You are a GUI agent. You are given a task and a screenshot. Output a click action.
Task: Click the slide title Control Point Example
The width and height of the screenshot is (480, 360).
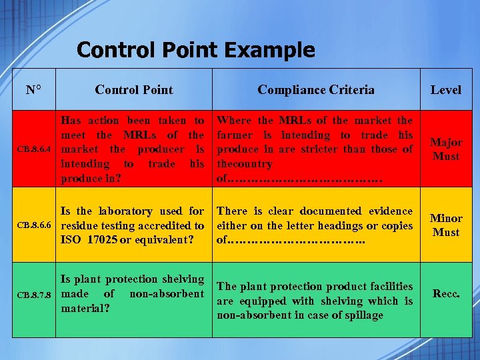pos(195,50)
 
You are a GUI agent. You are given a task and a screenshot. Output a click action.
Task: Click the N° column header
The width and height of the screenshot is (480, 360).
pos(33,89)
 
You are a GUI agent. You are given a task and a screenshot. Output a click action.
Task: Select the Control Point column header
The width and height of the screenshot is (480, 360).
pos(133,89)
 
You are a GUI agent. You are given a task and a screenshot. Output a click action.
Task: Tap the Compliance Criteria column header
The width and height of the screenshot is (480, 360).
pos(316,89)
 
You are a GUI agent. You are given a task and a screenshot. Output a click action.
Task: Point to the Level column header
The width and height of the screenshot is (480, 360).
pos(445,89)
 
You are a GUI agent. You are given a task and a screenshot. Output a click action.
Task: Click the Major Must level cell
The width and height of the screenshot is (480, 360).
pos(445,149)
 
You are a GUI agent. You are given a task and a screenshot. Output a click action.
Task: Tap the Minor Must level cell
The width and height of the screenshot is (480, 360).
pos(445,225)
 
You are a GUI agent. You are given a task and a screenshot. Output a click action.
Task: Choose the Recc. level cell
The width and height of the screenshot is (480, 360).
pos(445,293)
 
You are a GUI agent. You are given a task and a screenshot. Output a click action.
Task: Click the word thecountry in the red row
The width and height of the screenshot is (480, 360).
pos(245,164)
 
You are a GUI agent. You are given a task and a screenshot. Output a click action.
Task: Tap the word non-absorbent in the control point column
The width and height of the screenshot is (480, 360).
pos(167,294)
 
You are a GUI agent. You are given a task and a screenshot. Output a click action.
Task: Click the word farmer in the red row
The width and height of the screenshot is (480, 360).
pos(236,135)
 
